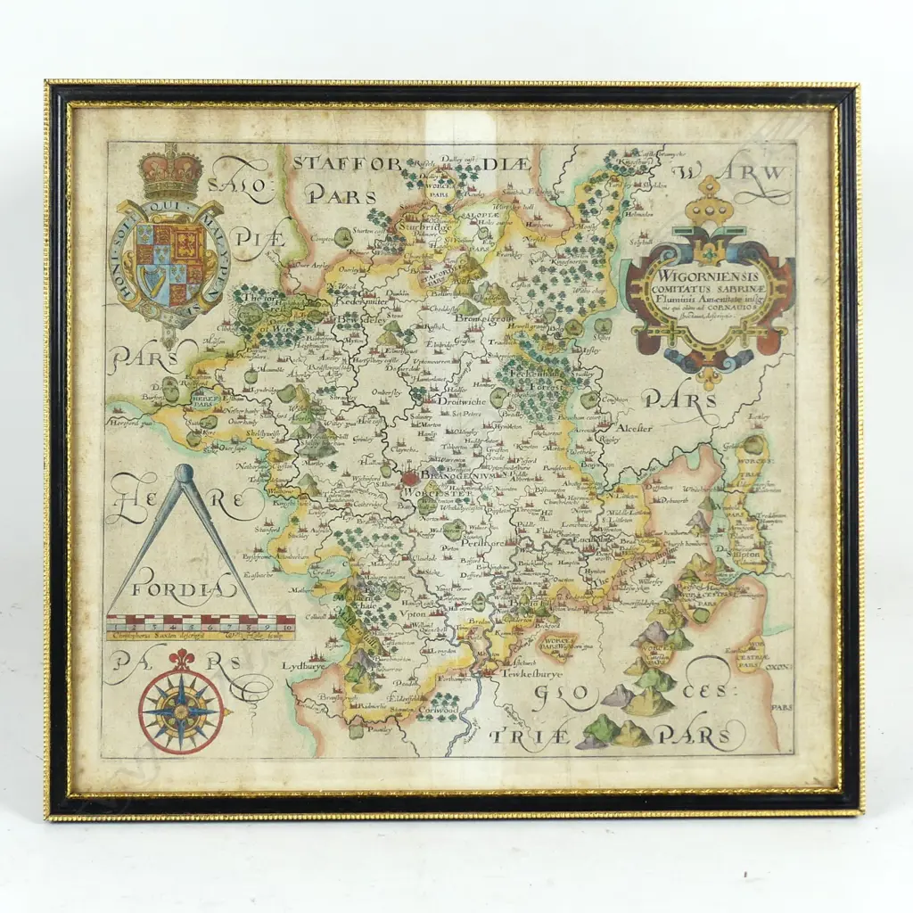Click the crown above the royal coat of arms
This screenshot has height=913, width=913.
point(170,175)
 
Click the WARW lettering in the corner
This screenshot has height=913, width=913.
point(733,172)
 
